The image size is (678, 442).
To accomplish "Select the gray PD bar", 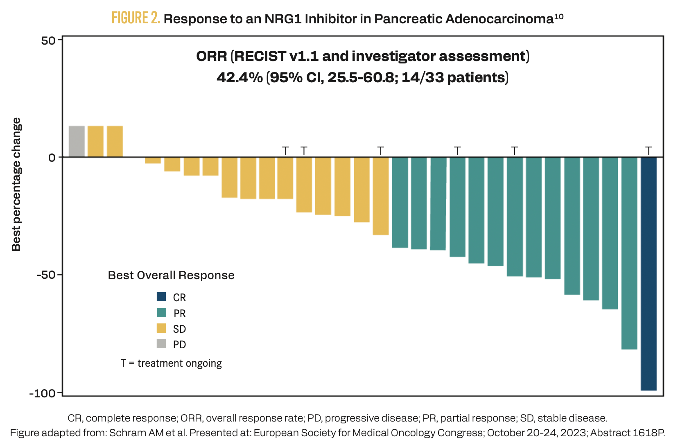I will pos(77,141).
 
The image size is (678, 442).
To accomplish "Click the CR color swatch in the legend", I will pos(161,297).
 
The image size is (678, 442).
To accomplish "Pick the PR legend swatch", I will pos(161,313).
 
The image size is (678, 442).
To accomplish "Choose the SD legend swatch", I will pos(161,328).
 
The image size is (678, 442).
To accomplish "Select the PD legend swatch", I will pos(161,344).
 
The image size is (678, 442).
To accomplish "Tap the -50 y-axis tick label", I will pos(46,275).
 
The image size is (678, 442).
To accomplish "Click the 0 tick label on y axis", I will pos(52,158).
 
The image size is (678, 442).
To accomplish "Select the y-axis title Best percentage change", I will pos(16,184).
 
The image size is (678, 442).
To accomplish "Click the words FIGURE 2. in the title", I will pos(136,18).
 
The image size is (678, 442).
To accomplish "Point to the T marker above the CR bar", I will pos(649,151).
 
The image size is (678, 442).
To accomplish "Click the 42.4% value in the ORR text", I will pos(240,77).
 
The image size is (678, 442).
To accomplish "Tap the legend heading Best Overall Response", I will pos(171,275).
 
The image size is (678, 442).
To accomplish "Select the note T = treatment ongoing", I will pos(171,363).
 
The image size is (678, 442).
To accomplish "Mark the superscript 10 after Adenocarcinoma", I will pos(558,16).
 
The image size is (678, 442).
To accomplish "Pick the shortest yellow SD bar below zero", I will pos(153,160).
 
